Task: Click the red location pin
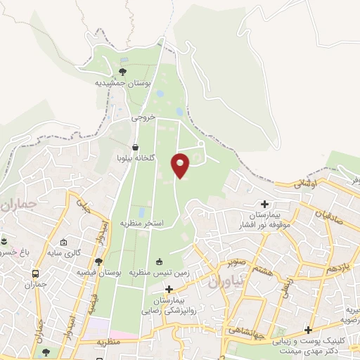pos(181,165)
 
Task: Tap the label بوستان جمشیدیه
pos(124,83)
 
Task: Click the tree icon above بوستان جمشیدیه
pos(124,72)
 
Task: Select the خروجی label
pos(143,118)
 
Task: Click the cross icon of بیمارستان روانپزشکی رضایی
pos(169,289)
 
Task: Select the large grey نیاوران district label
pos(224,283)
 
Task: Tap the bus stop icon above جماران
pos(35,274)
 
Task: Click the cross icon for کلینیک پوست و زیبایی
pos(308,330)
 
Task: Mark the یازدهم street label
pos(339,269)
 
